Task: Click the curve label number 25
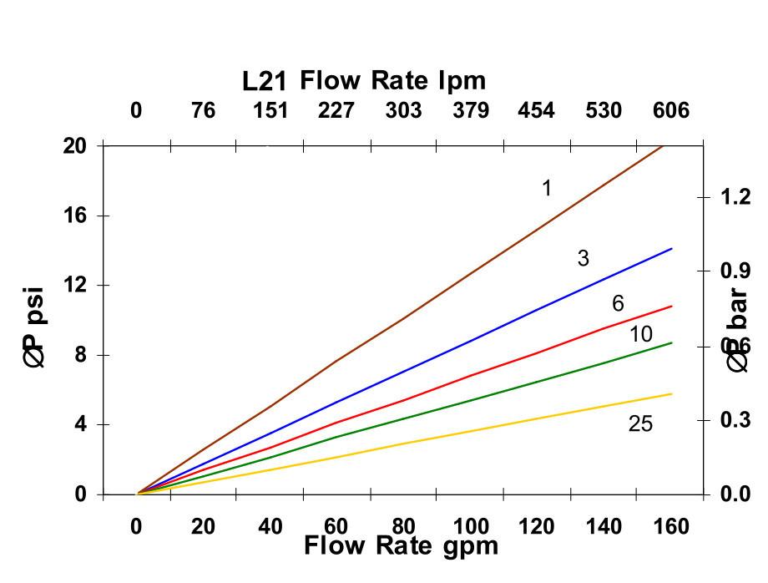(640, 424)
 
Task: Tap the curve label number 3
(583, 259)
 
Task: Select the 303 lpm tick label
(403, 110)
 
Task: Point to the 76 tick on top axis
(203, 110)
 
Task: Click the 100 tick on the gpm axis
(471, 527)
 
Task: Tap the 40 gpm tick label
(270, 527)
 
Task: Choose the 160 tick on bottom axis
(671, 527)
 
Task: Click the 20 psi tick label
(75, 145)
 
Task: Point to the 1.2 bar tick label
(735, 197)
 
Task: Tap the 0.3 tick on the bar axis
(735, 420)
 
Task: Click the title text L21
(265, 82)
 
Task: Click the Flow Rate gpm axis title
(401, 546)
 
